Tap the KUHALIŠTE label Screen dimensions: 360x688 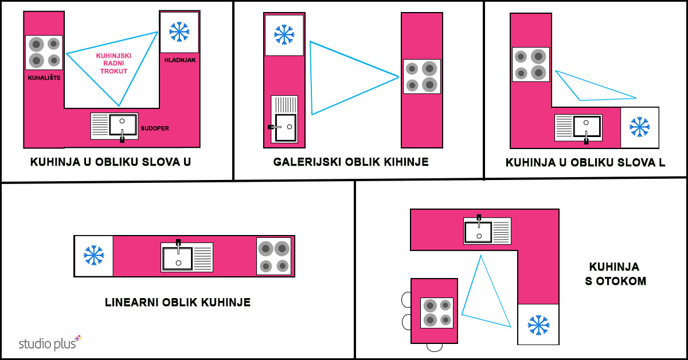(44, 76)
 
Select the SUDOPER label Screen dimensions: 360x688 (155, 128)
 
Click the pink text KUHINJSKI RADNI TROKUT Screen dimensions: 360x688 (114, 63)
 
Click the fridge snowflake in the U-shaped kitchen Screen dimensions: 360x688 (179, 32)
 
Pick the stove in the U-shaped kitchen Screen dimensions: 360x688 (44, 52)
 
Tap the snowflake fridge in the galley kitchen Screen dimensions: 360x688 (284, 34)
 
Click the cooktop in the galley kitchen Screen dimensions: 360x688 (421, 76)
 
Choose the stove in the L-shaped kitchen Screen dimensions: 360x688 (530, 64)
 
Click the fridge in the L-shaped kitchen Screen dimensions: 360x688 (639, 126)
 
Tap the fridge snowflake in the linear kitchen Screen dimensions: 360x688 (93, 256)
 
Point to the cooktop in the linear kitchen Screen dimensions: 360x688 (273, 256)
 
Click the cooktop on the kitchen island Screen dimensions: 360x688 (437, 312)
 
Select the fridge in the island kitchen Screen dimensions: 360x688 (538, 324)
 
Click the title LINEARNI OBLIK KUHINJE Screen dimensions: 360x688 (178, 302)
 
